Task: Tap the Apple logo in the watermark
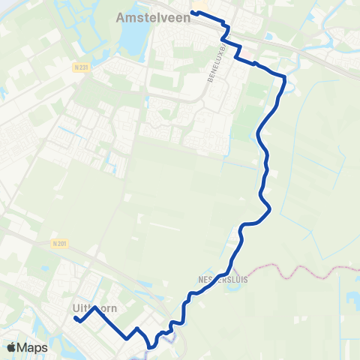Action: tap(12, 347)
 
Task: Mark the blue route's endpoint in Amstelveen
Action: tap(194, 11)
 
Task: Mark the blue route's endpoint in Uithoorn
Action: tap(76, 319)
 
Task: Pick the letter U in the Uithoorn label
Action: tap(76, 307)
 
